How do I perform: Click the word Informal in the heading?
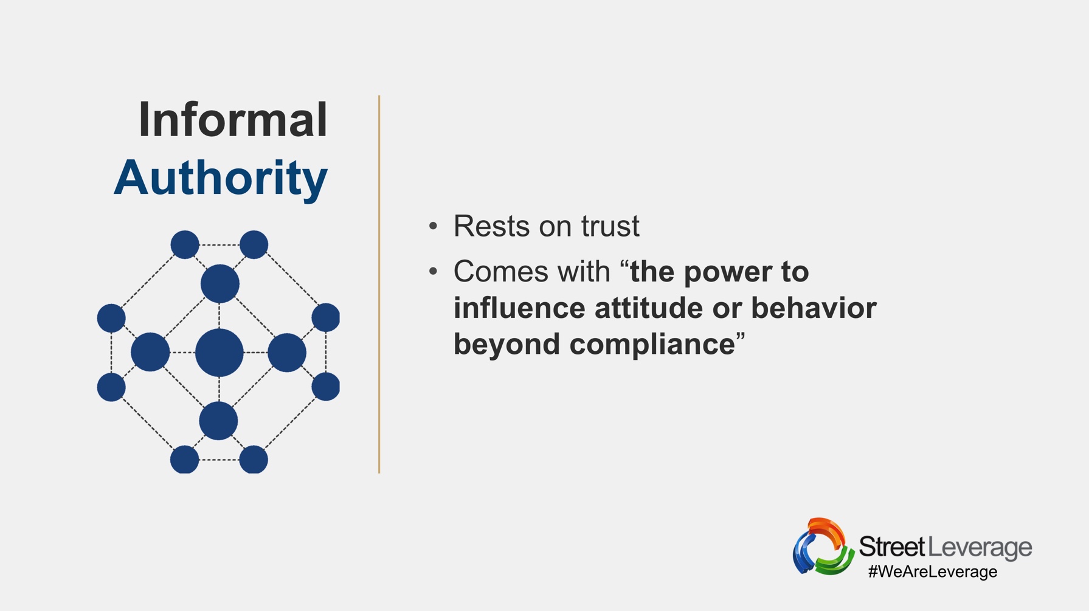[233, 120]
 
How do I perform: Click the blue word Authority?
[221, 178]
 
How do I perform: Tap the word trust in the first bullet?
[610, 226]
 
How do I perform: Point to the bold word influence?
[519, 308]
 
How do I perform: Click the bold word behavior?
[814, 308]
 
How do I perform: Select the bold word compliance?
[652, 345]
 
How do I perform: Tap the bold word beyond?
[507, 345]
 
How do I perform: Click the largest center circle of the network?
[220, 353]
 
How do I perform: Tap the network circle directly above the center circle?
[220, 283]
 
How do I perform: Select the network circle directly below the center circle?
[218, 421]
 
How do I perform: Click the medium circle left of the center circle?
[150, 352]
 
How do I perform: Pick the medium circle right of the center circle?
[287, 353]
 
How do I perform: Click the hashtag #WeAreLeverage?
[933, 572]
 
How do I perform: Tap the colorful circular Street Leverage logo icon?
[823, 547]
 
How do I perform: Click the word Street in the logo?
[892, 547]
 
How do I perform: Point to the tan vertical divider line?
[379, 284]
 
